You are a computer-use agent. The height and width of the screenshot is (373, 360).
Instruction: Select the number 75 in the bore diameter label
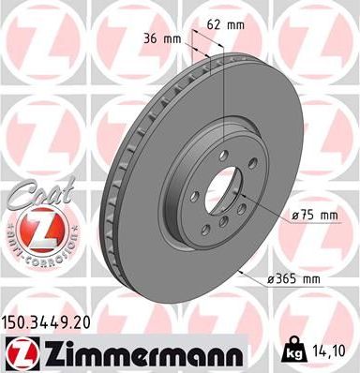coord(310,216)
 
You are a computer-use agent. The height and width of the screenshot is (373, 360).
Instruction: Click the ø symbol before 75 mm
coord(295,216)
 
